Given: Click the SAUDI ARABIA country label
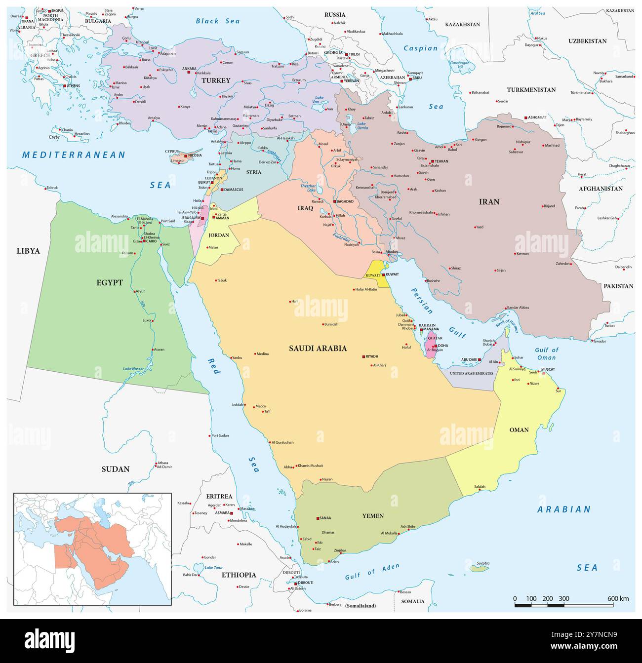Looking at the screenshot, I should [x=318, y=348].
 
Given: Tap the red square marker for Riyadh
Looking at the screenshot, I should [x=363, y=356].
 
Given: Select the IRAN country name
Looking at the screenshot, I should [x=489, y=201].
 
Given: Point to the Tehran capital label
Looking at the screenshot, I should [x=441, y=161].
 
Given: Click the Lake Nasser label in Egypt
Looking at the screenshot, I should [x=134, y=369].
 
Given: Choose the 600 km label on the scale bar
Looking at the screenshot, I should [x=618, y=599].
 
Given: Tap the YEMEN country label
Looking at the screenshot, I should [x=372, y=516].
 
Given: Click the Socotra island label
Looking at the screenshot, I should [x=483, y=563].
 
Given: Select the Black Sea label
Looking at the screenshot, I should [x=218, y=21].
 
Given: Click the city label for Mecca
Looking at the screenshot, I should [x=260, y=406].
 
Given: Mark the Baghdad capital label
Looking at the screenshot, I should [x=345, y=201].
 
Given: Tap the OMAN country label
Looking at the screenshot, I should [x=519, y=430].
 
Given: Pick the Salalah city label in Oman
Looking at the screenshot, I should [x=480, y=486].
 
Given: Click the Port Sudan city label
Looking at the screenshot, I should [x=220, y=435].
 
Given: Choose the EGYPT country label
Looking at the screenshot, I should [x=110, y=283].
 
